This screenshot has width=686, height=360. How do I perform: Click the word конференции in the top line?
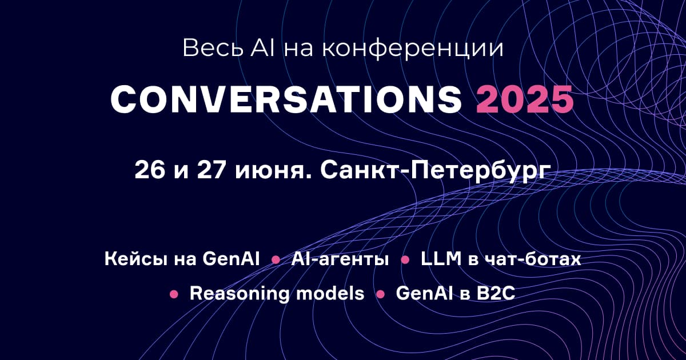click(412, 48)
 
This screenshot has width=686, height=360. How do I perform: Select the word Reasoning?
click(240, 294)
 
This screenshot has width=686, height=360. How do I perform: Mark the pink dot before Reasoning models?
click(174, 295)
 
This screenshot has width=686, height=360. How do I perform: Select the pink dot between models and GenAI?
click(380, 295)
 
